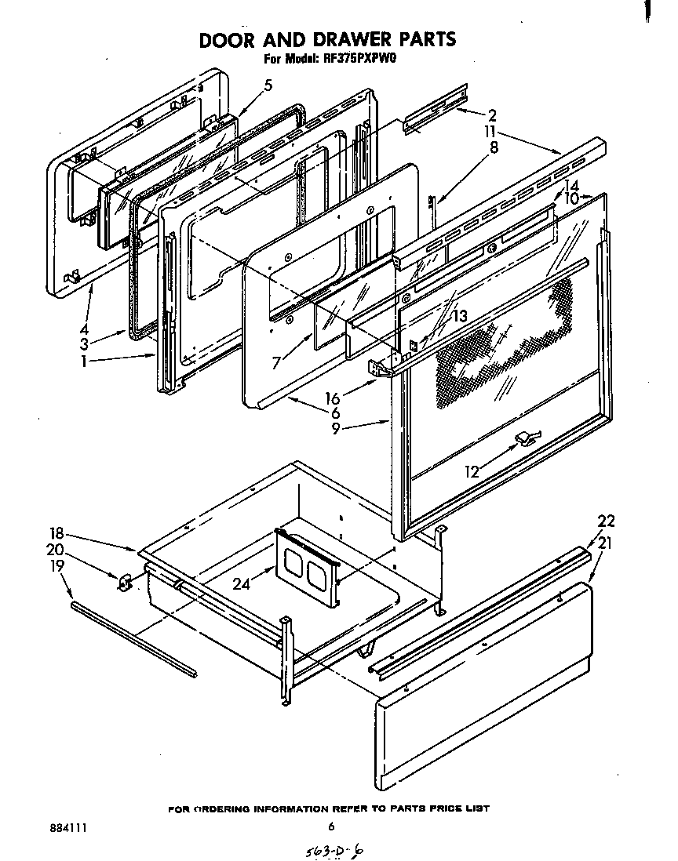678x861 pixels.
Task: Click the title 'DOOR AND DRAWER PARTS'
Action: click(x=326, y=40)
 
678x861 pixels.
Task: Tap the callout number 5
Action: click(x=268, y=85)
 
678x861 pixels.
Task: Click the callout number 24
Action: click(x=242, y=582)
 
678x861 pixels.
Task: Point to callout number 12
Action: click(x=472, y=471)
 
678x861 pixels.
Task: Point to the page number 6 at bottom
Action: click(x=331, y=826)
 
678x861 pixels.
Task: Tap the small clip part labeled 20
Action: click(x=124, y=582)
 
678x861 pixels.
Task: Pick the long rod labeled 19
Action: click(x=133, y=638)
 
